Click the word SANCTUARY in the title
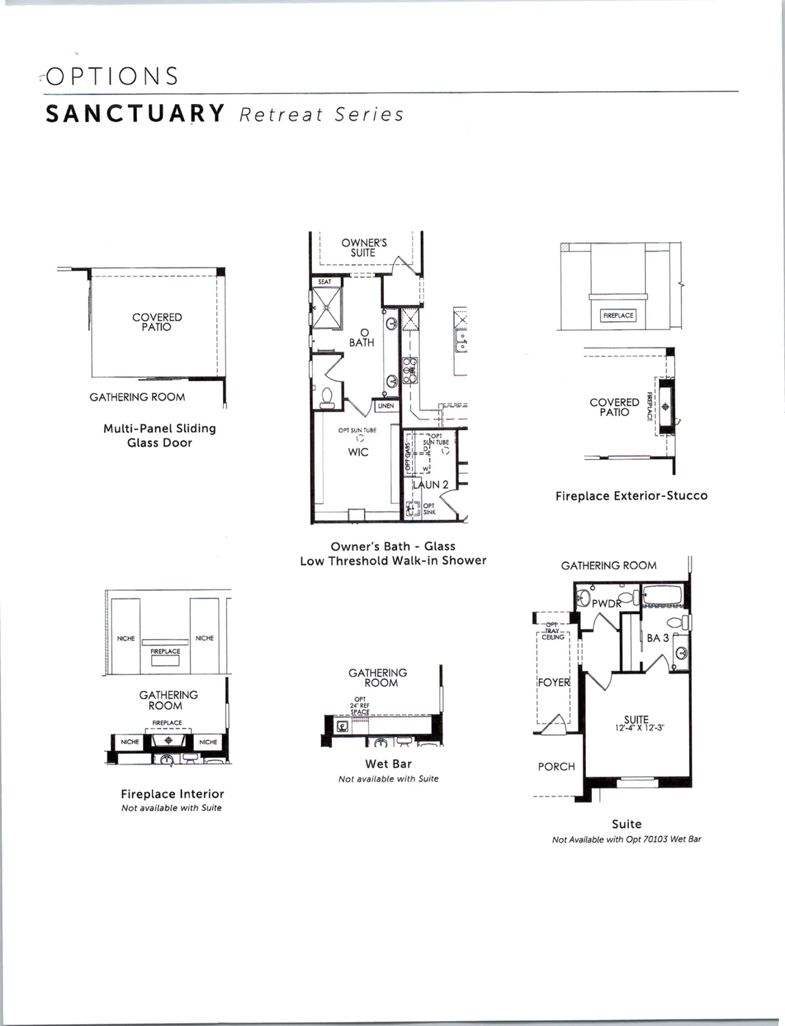click(136, 114)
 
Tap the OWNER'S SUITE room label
click(363, 248)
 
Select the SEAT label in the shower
click(324, 282)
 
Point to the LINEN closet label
click(386, 406)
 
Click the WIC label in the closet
click(358, 452)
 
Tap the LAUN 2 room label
click(431, 484)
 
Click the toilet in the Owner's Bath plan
click(326, 397)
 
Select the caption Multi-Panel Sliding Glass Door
click(159, 436)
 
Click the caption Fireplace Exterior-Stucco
click(631, 496)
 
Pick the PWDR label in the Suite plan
click(606, 603)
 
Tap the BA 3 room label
click(657, 638)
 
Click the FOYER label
click(554, 683)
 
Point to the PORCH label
click(556, 767)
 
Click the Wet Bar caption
click(388, 764)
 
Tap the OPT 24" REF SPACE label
click(360, 706)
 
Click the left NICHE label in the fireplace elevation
click(126, 638)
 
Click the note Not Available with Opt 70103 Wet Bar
click(626, 839)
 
